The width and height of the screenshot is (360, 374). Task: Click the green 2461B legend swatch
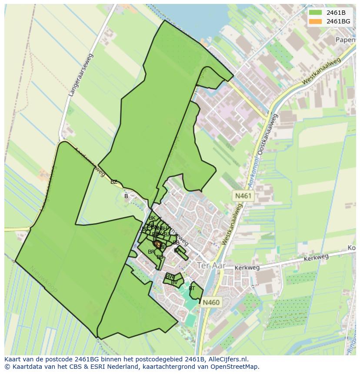(315, 13)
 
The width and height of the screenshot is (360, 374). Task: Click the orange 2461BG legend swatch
(315, 21)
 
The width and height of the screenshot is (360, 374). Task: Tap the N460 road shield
(211, 302)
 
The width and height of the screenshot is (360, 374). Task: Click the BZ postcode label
(114, 182)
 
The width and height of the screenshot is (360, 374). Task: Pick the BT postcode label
(192, 288)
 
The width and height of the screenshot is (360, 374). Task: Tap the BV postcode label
(174, 282)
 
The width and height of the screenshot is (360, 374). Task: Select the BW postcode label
(170, 277)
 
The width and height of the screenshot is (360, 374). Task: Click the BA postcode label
(177, 251)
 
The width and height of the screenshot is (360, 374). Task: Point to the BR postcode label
(151, 252)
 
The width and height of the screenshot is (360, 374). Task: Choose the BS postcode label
(160, 257)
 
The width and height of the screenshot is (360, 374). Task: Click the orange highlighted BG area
(158, 244)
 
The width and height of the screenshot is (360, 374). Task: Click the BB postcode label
(176, 243)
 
